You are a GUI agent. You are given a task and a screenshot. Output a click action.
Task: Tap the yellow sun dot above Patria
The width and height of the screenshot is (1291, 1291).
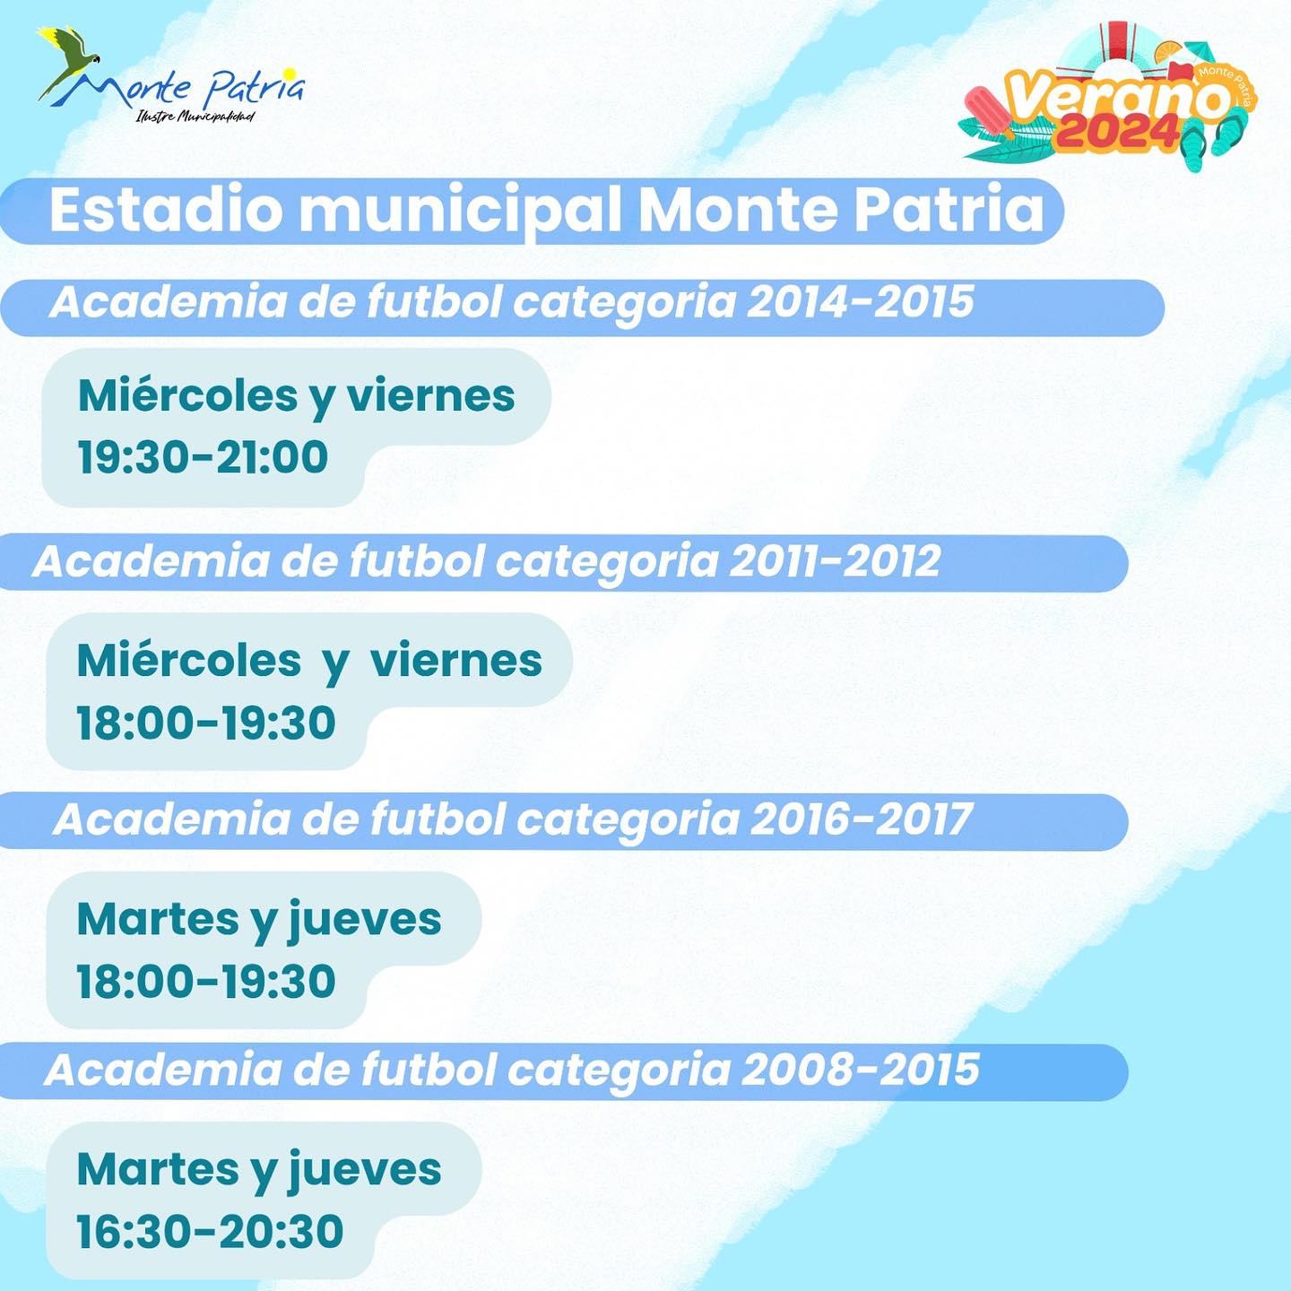click(289, 73)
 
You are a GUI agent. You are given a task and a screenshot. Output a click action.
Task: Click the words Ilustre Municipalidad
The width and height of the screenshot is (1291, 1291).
click(195, 117)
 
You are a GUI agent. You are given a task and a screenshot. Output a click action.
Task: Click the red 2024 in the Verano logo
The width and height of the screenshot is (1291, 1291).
click(1117, 131)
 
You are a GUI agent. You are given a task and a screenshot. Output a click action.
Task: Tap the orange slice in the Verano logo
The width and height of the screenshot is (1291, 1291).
click(1168, 52)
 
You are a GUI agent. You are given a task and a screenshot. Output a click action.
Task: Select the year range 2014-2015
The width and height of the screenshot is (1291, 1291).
click(860, 301)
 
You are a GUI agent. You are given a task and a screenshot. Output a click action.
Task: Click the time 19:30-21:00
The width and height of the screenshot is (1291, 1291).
click(203, 457)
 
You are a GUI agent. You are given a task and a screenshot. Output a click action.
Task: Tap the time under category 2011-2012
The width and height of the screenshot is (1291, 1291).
click(205, 723)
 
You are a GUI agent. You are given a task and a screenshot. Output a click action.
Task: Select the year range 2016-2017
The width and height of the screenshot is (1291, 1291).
click(861, 819)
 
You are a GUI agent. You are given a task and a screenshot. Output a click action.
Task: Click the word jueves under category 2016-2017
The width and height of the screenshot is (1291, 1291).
click(365, 920)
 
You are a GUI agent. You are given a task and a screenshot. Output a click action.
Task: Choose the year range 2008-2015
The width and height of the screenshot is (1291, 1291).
click(861, 1069)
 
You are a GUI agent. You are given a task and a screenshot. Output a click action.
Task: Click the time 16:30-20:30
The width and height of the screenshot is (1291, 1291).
click(210, 1231)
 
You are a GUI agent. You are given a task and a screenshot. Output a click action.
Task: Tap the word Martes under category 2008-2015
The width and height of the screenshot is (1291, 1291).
click(158, 1168)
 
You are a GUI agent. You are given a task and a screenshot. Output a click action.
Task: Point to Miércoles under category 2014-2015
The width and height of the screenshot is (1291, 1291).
click(187, 395)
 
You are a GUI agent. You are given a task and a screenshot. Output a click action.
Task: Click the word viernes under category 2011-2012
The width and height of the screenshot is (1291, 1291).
click(455, 661)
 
